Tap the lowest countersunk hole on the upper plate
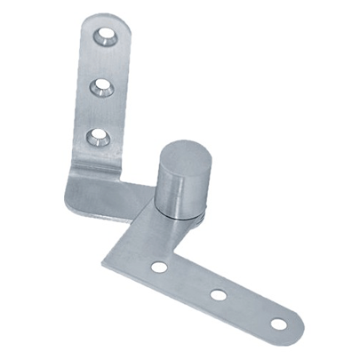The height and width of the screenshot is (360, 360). point(96,138)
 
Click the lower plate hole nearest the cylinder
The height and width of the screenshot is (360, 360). point(159,266)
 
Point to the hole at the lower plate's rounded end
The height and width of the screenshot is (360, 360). point(279,324)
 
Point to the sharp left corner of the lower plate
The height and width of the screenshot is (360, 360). point(100,264)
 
